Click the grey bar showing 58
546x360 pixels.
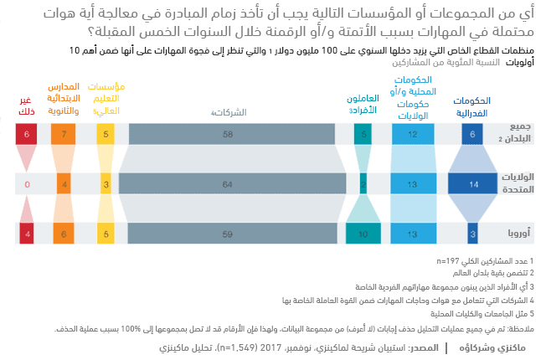[x=228, y=134]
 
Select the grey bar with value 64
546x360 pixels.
[x=228, y=183]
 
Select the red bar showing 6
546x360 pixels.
[x=28, y=134]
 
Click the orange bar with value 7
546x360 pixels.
[x=64, y=134]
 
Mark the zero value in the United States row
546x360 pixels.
[x=28, y=183]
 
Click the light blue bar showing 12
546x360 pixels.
[x=412, y=134]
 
